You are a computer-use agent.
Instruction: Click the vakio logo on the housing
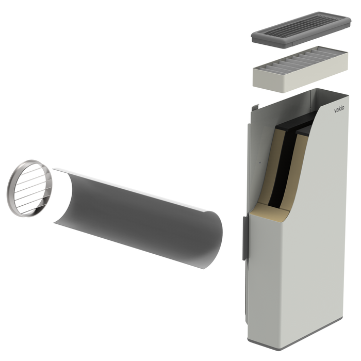point(339,109)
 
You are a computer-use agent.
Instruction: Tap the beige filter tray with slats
point(300,69)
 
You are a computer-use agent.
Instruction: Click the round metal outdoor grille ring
point(29,188)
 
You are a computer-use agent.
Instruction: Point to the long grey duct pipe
point(138,218)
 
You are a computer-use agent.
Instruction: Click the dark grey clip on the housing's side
point(245,238)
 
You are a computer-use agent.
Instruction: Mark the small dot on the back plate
point(260,162)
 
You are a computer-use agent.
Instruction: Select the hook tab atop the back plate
point(255,107)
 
